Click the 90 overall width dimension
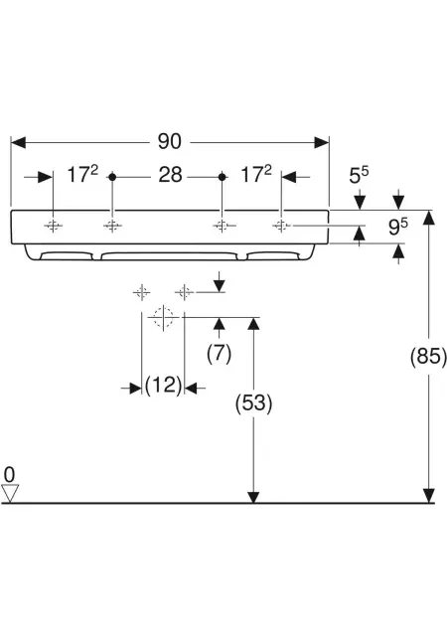tap(169, 141)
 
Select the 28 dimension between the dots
tap(170, 175)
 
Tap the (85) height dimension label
tap(428, 357)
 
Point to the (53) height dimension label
tap(253, 403)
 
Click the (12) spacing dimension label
tap(163, 385)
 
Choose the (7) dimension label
tap(220, 353)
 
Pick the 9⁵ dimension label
tap(398, 227)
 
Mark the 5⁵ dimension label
tap(359, 176)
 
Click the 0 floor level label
tap(9, 474)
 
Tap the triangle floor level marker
tap(10, 493)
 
